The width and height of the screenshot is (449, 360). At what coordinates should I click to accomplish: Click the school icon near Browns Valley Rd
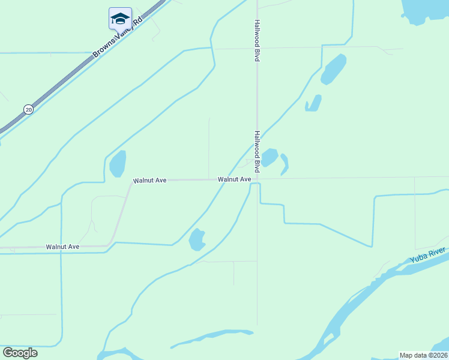pos(120,18)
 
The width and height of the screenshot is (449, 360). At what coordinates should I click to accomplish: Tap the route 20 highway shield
pos(28,109)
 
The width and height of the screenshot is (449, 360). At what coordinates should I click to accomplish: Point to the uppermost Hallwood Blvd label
pos(257,40)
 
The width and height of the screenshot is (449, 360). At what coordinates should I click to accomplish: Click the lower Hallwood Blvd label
pos(257,152)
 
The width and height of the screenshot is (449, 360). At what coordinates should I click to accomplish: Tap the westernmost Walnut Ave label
pos(62,247)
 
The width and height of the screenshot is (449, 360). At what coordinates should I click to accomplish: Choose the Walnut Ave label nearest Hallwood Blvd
pos(234,179)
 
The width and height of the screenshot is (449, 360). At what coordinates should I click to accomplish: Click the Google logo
pos(20,352)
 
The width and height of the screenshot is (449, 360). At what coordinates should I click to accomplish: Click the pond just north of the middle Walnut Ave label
pos(118,163)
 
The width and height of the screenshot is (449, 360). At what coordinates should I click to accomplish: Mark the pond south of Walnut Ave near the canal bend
pos(196,239)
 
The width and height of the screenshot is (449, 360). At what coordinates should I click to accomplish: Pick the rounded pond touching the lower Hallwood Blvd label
pos(270,157)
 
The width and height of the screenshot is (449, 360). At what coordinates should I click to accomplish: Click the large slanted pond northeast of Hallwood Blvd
pos(333,69)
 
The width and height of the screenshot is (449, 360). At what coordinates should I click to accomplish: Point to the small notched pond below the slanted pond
pos(313,103)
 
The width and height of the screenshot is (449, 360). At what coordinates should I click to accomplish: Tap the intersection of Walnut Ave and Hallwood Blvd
pos(258,179)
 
